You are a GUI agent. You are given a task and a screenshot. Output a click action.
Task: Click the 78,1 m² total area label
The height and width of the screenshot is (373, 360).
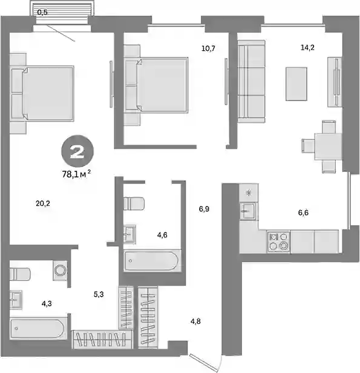[76, 174]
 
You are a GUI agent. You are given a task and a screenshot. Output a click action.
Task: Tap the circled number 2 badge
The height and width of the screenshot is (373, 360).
[77, 151]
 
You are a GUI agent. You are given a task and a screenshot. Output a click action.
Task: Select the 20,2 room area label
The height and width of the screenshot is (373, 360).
[43, 203]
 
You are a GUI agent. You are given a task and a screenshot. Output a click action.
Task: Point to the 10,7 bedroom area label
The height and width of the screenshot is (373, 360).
[208, 48]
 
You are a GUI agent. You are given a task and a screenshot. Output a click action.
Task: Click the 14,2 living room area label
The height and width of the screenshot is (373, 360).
[307, 48]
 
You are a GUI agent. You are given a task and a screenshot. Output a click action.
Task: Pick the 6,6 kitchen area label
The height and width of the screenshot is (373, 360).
[303, 213]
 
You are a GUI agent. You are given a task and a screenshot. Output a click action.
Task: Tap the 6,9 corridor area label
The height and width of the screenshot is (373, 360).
[204, 209]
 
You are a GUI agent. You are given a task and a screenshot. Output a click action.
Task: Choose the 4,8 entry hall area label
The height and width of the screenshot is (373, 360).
[195, 322]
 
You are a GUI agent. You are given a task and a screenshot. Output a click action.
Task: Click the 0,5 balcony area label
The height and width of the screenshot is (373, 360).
[42, 13]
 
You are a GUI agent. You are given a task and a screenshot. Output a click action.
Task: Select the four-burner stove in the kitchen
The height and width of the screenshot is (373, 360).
[279, 242]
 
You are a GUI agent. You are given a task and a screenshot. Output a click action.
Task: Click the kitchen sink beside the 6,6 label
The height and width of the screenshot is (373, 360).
[248, 211]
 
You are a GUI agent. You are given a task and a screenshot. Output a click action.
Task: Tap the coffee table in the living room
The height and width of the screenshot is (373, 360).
[296, 84]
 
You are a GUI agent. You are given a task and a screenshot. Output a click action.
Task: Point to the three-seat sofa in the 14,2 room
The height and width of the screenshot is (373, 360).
[251, 81]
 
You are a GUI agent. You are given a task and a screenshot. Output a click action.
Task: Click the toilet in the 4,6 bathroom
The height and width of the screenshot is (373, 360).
[134, 203]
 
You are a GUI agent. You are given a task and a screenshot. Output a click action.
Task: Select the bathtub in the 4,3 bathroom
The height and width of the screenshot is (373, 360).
[38, 329]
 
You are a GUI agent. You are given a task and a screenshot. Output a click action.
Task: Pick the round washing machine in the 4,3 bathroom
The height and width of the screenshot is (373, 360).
[60, 271]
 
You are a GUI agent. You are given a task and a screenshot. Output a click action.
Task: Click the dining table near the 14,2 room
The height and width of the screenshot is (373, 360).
[328, 147]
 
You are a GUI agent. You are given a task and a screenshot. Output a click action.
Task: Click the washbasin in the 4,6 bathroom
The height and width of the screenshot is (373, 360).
[129, 234]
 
